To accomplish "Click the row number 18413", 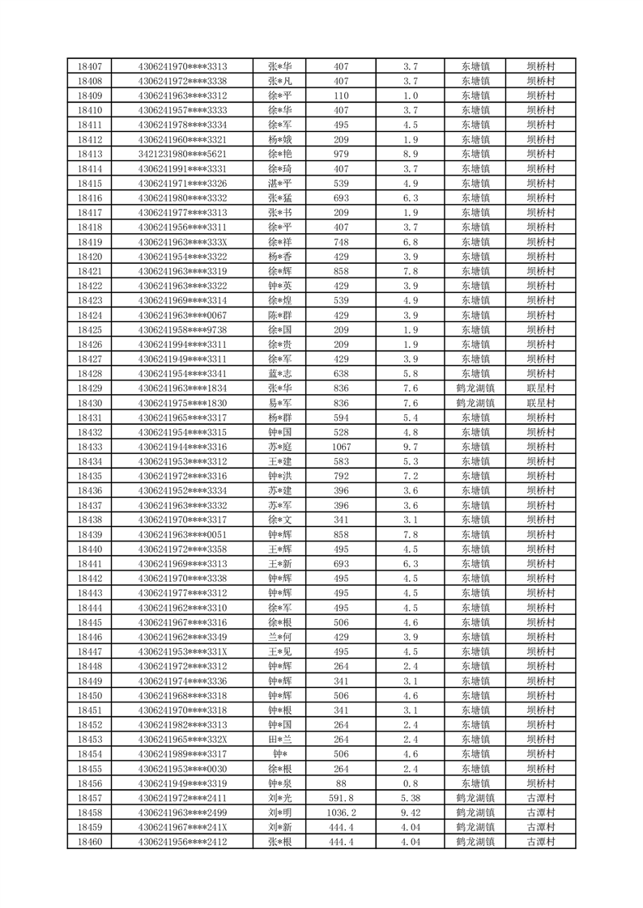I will click(90, 154).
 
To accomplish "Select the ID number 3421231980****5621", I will click(182, 154).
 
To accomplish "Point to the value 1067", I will click(341, 447).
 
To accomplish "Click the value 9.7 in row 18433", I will click(410, 447).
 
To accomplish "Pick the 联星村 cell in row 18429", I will click(540, 388).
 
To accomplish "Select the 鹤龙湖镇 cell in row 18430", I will click(475, 402).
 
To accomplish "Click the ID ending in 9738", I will click(182, 329).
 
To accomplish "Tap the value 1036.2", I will click(341, 813).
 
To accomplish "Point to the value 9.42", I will click(410, 813).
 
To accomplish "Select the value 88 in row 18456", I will click(341, 783).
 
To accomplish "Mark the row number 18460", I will click(90, 842).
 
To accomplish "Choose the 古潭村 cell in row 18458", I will click(540, 813).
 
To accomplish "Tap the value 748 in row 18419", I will click(341, 241).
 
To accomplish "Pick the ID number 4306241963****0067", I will click(182, 315).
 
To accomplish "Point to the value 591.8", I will click(341, 798).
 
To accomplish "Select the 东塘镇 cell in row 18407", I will click(475, 66).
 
